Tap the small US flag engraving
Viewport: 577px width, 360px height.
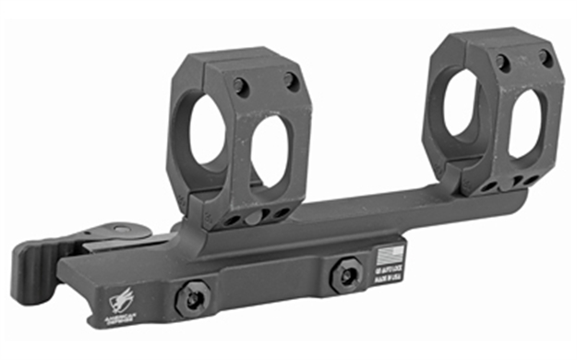pos(391,252)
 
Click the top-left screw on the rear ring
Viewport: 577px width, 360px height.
pos(503,63)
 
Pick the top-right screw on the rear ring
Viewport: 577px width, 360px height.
pos(545,57)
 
